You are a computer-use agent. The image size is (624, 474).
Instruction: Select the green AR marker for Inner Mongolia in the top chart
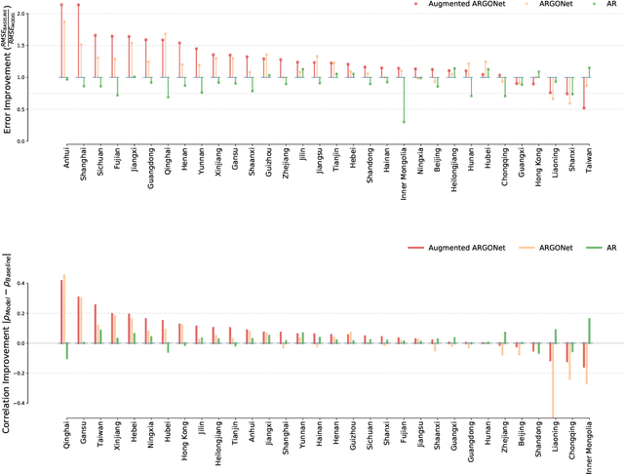point(404,122)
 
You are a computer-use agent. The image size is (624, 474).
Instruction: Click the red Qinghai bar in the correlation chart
point(61,312)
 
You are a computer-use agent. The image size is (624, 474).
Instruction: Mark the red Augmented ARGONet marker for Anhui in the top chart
point(61,5)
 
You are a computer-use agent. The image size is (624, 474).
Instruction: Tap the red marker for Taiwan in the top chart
point(584,107)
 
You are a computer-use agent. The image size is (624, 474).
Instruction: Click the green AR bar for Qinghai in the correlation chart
point(67,351)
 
